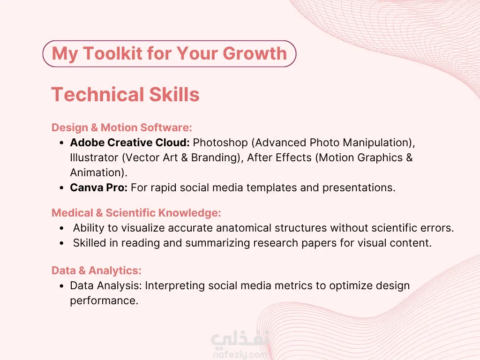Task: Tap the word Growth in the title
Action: [x=255, y=53]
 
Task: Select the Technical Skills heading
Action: [x=126, y=94]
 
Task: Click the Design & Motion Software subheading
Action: [x=122, y=127]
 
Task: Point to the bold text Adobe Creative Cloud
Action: [x=130, y=142]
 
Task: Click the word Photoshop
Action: [x=220, y=142]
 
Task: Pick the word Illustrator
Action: [x=94, y=157]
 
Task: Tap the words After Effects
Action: [x=279, y=157]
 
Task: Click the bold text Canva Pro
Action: [x=98, y=187]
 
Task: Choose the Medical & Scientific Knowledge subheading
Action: [x=136, y=213]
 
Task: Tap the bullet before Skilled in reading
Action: [x=62, y=243]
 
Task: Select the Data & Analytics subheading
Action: [x=97, y=270]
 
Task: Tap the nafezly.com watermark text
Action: [x=240, y=354]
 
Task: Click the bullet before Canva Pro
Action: [x=62, y=188]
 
